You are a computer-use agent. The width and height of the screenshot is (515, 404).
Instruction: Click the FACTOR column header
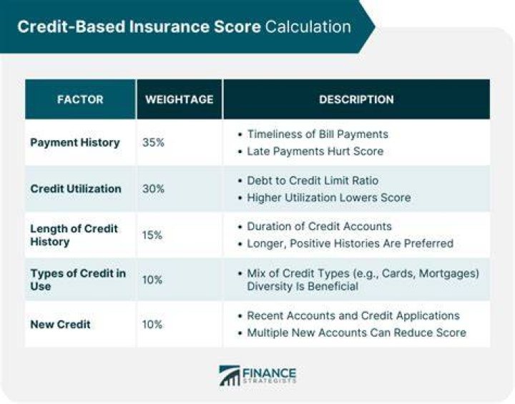pyautogui.click(x=80, y=99)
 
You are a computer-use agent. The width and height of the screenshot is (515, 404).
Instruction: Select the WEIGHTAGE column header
pyautogui.click(x=180, y=99)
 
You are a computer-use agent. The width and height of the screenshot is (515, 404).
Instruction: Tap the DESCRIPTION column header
pyautogui.click(x=356, y=99)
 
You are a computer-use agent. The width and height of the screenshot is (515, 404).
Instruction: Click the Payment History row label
pyautogui.click(x=75, y=142)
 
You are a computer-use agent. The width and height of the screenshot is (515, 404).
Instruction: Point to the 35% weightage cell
pyautogui.click(x=153, y=142)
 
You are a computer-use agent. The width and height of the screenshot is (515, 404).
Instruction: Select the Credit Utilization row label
pyautogui.click(x=76, y=189)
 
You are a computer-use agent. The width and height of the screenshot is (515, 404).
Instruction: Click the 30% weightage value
pyautogui.click(x=153, y=189)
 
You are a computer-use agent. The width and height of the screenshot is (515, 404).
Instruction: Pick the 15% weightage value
pyautogui.click(x=152, y=235)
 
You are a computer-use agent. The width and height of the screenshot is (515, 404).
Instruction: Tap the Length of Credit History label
pyautogui.click(x=74, y=235)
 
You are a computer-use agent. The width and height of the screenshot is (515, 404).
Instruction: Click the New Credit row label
pyautogui.click(x=60, y=325)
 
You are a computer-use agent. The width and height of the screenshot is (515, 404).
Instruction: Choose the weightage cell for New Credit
pyautogui.click(x=152, y=325)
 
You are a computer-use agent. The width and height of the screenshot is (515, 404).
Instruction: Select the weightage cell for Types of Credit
pyautogui.click(x=152, y=280)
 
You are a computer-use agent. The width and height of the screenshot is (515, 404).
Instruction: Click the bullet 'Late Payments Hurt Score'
pyautogui.click(x=315, y=151)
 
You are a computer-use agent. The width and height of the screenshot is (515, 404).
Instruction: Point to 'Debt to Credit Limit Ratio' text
pyautogui.click(x=313, y=180)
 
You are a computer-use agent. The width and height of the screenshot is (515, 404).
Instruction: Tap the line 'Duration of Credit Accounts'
pyautogui.click(x=319, y=226)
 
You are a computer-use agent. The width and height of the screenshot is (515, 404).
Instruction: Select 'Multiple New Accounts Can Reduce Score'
pyautogui.click(x=356, y=332)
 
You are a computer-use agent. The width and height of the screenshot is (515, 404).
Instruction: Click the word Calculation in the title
pyautogui.click(x=308, y=26)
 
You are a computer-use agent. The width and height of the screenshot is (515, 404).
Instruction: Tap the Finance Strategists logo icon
pyautogui.click(x=230, y=375)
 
